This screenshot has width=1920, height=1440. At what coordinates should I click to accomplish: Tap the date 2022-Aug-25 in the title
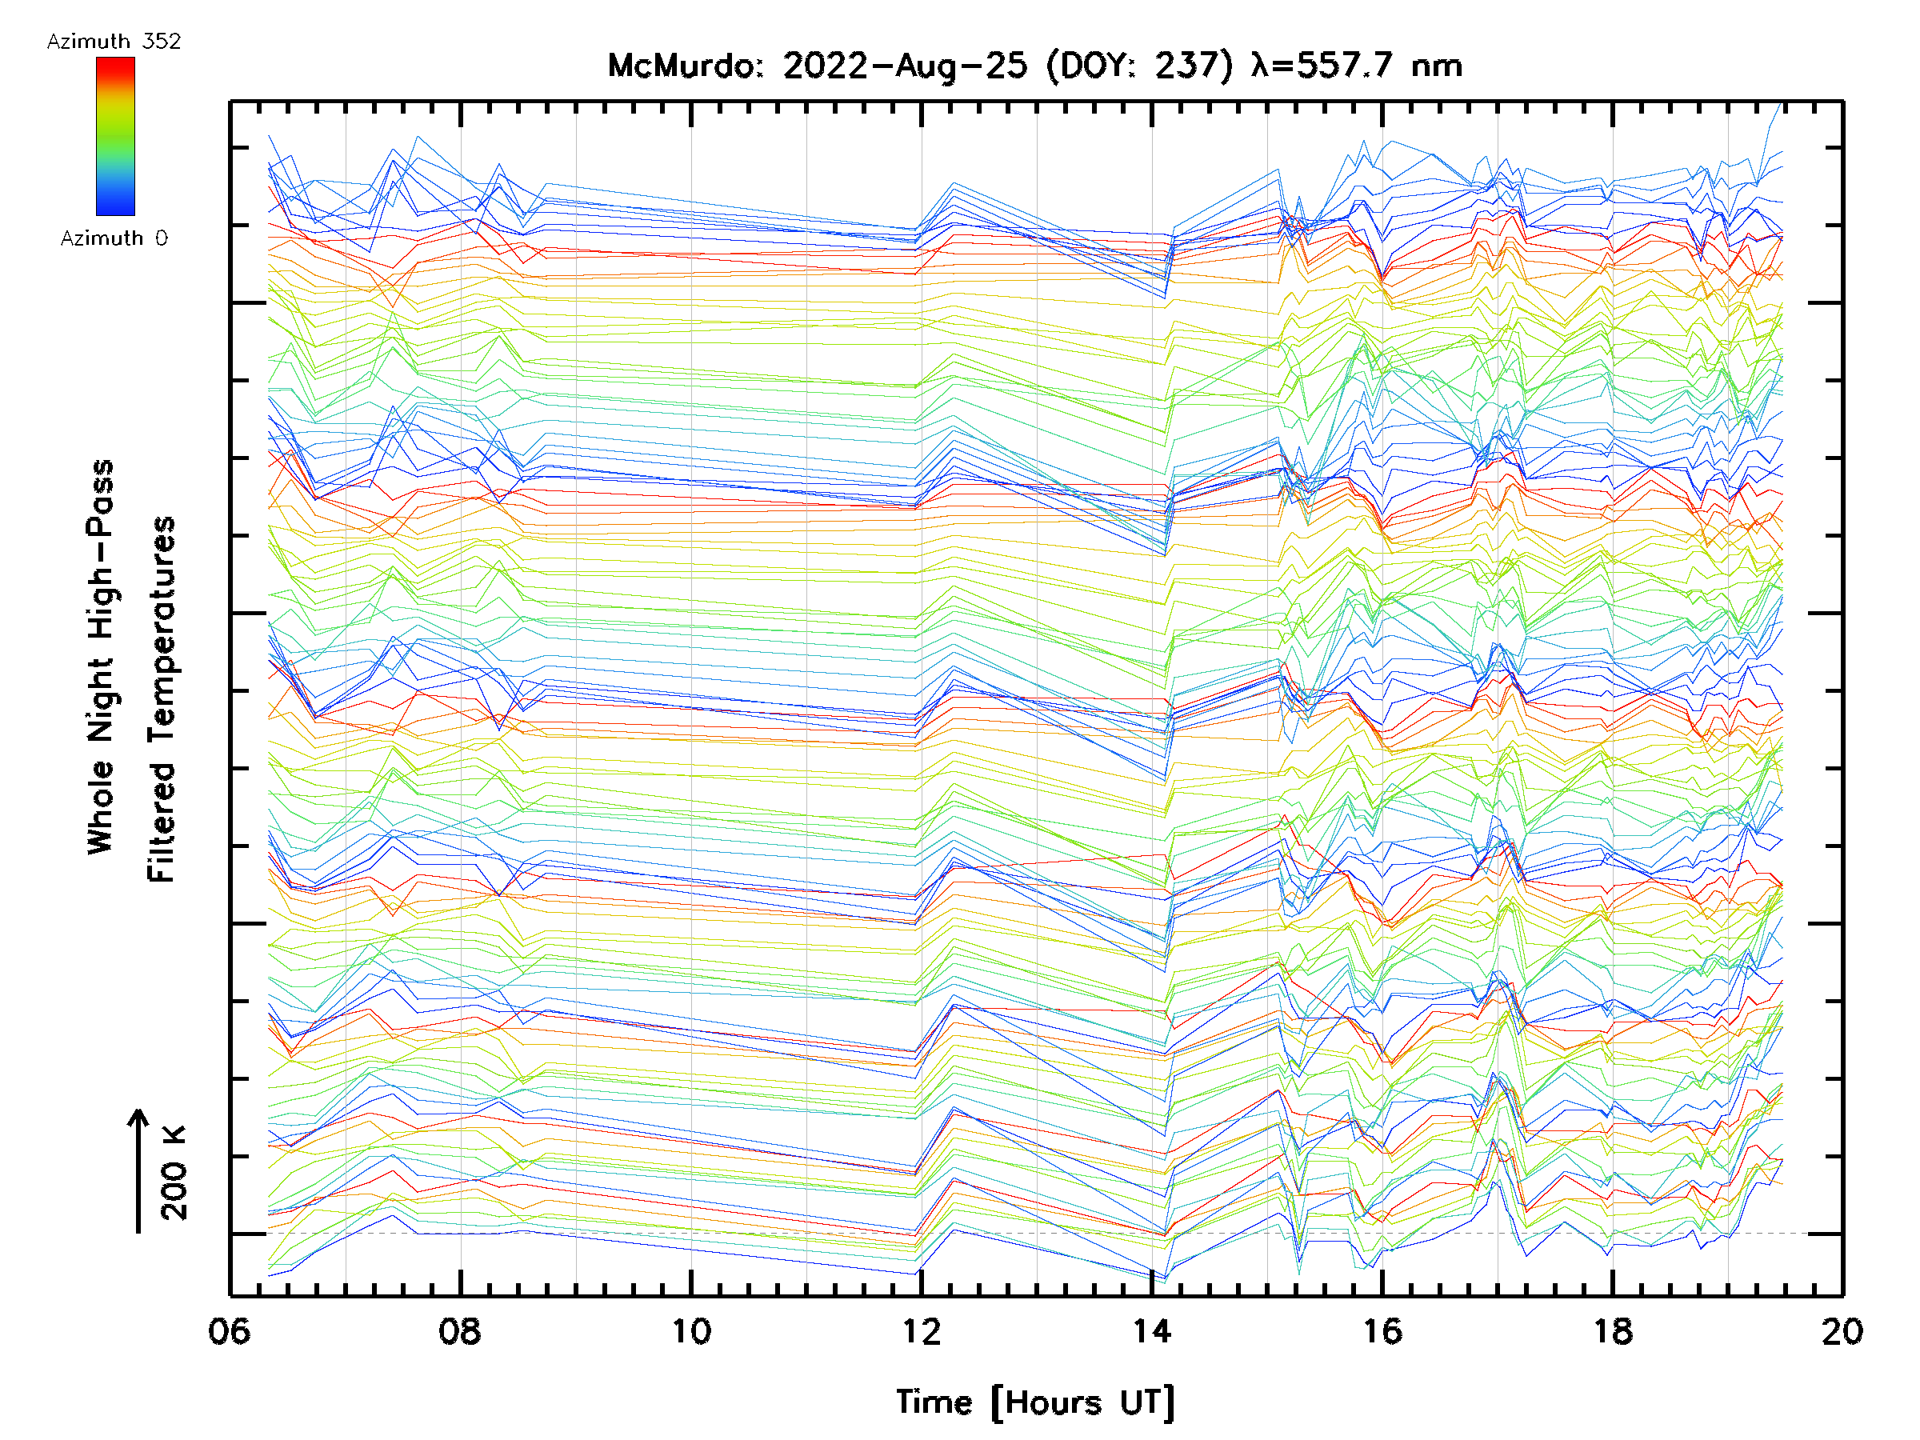point(905,66)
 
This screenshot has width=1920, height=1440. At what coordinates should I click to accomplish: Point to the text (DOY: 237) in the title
point(1139,66)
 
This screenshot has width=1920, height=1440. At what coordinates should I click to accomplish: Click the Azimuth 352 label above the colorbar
point(114,41)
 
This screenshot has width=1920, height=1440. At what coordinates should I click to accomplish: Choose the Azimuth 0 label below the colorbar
point(114,238)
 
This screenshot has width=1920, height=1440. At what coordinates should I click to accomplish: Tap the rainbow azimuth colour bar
point(115,136)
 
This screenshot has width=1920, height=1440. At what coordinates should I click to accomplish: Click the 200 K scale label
point(174,1173)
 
